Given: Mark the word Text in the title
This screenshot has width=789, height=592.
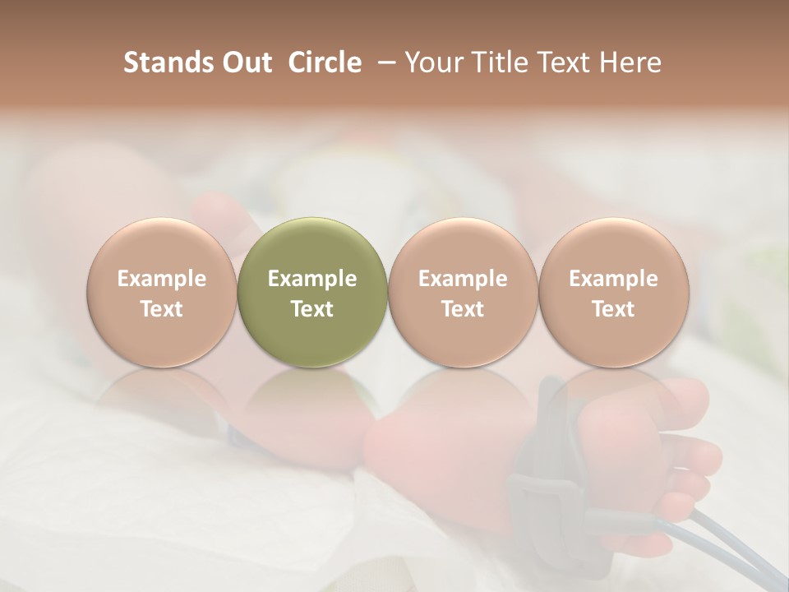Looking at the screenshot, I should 565,62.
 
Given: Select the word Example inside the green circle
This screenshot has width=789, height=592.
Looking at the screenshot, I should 312,280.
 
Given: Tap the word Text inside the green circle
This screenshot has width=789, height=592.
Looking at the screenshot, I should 312,309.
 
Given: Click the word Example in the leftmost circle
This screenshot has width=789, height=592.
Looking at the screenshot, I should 161,280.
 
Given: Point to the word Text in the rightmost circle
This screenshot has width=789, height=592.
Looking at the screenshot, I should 613,309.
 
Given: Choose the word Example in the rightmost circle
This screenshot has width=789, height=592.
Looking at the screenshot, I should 613,280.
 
